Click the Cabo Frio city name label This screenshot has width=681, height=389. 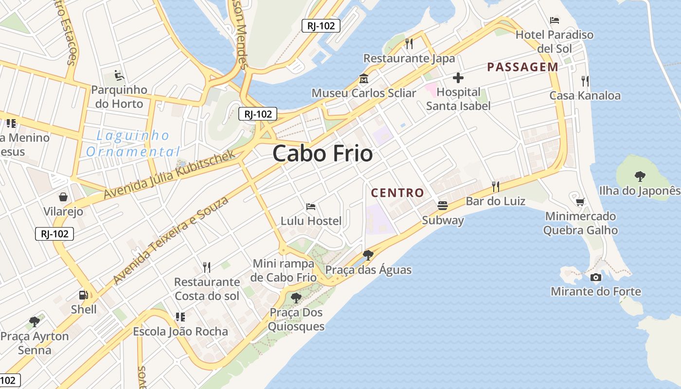coord(323,154)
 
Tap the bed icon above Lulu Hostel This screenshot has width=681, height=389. coord(311,207)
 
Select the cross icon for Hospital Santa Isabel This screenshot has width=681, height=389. coord(458,77)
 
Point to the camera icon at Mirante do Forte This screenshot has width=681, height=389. coord(595,277)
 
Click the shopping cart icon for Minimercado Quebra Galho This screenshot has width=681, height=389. coord(580,202)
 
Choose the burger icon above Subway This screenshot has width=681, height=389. coord(443,206)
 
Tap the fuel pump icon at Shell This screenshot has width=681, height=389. coord(84,295)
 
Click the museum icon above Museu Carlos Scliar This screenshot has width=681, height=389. coord(363,78)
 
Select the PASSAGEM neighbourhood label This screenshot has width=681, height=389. coord(523,67)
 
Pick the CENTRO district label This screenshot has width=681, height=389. coord(397,193)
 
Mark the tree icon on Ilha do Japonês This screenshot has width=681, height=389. coord(640,177)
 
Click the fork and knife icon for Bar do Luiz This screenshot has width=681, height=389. coord(495,186)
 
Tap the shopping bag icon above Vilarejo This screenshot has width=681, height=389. coord(63,197)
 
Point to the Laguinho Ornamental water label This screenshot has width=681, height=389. coord(133,143)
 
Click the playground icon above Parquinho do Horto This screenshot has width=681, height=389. coord(119,75)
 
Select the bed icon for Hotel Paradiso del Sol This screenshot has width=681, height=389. coord(555,20)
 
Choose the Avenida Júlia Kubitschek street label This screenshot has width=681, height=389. coord(169,174)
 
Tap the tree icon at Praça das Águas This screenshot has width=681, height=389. coord(368,255)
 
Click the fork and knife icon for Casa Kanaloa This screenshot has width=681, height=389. coord(585,81)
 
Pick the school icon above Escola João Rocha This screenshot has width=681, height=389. coord(180,317)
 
